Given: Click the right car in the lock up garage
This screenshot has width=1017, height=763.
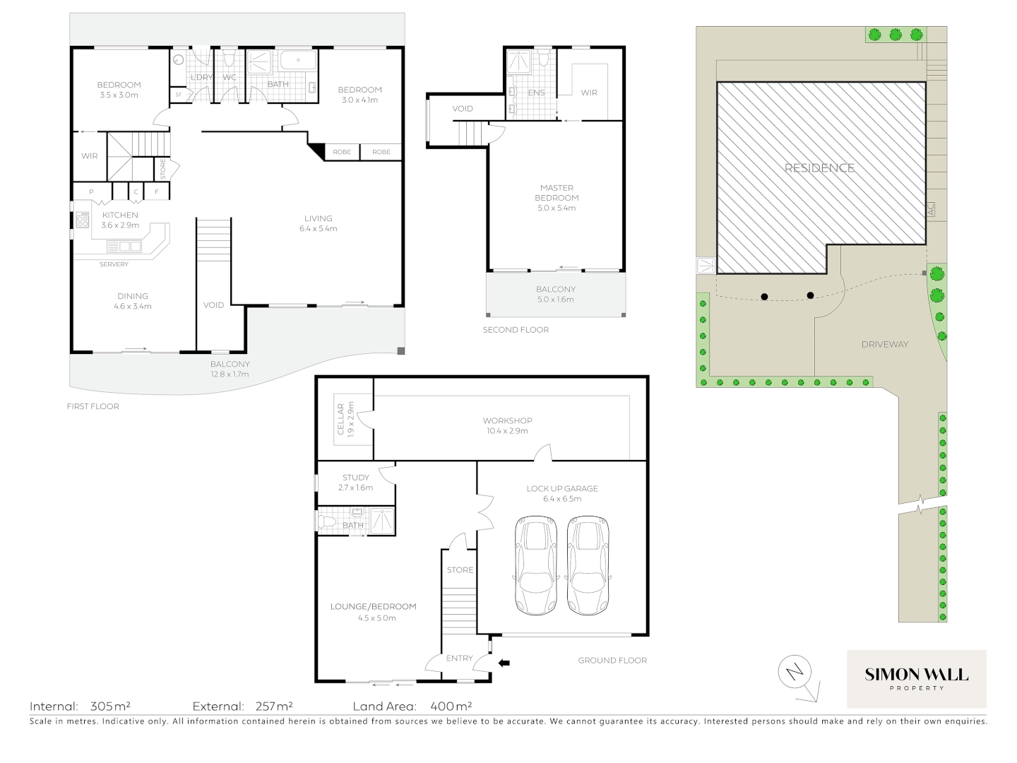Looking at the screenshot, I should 588,566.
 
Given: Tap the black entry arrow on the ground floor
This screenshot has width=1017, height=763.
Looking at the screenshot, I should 504,663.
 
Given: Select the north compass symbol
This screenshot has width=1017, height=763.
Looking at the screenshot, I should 796,673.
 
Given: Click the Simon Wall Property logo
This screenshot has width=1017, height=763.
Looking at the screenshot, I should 916,679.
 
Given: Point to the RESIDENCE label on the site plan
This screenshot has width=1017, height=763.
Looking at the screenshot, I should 819,168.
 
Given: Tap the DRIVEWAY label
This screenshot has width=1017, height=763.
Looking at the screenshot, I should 884,345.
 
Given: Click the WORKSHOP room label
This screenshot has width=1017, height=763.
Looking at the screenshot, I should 508,421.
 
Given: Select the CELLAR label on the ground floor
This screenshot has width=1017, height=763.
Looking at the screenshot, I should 340,420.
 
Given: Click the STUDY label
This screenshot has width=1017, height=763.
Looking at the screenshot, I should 355,478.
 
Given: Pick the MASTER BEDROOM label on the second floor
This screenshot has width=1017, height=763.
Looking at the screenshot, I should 557,193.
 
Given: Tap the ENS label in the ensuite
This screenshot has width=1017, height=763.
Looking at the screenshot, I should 536,93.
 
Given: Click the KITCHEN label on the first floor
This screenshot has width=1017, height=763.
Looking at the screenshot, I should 120,215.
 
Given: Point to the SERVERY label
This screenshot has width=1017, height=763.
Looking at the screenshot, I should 114,264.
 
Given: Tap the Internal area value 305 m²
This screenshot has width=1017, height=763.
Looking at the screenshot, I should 110,706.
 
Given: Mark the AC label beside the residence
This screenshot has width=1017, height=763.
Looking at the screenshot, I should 930,210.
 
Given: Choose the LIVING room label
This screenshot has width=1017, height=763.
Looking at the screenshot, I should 318,219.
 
